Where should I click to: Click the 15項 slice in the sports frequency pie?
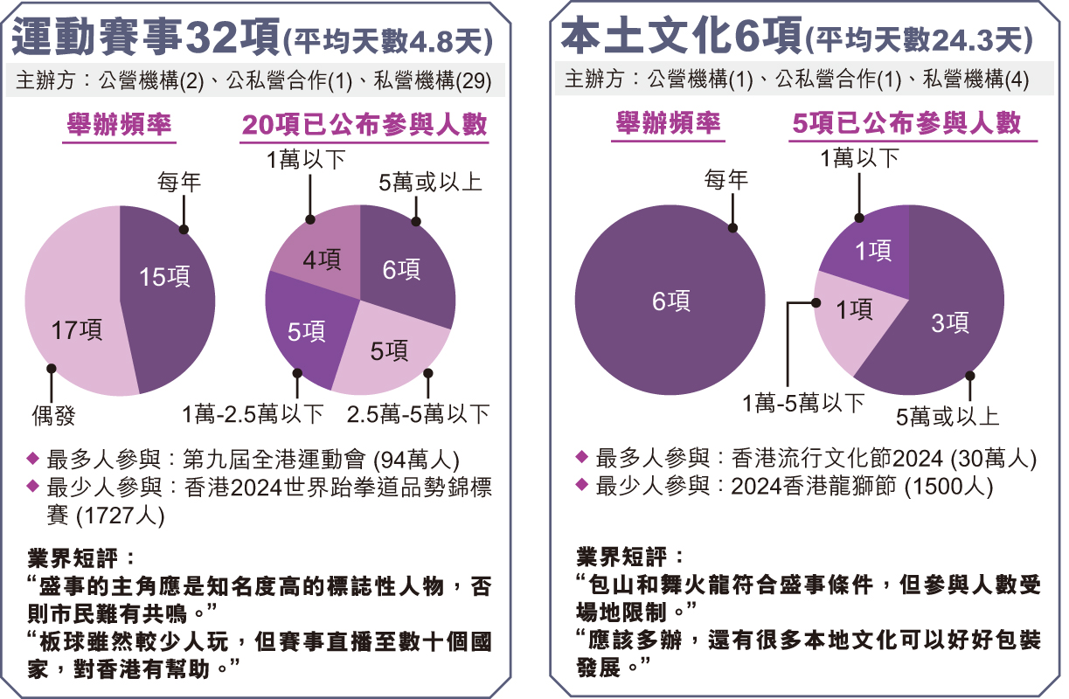[x=166, y=288]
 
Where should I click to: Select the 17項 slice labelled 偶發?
[x=74, y=323]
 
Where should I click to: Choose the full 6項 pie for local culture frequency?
[x=670, y=301]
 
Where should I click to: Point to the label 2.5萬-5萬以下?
[x=418, y=413]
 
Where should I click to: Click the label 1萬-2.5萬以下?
[x=253, y=413]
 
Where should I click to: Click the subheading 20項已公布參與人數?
[x=364, y=125]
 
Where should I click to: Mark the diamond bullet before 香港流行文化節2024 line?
[x=582, y=458]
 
